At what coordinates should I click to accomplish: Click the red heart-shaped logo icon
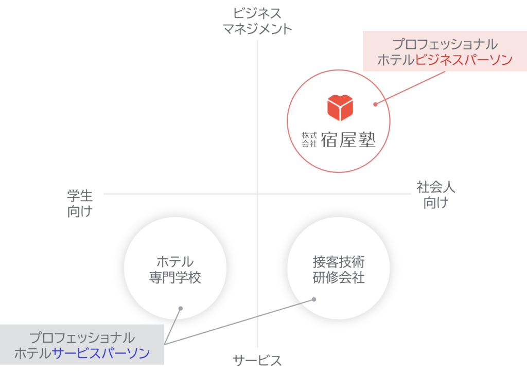pos(341,106)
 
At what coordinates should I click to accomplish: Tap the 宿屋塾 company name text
pos(348,139)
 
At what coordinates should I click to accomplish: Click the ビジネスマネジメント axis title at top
pos(257,21)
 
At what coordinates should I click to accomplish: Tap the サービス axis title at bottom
pos(257,361)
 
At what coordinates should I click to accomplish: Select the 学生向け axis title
pos(80,204)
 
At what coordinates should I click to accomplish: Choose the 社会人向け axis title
pos(436,194)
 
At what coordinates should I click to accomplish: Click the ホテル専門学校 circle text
pos(175,270)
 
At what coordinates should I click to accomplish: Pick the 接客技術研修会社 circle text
pos(339,270)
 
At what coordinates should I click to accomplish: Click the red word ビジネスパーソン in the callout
pos(464,60)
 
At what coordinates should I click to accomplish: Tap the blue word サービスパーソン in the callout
pos(101,353)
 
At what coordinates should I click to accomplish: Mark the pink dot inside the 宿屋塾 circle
pos(375,103)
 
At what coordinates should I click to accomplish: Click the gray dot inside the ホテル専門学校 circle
pos(180,308)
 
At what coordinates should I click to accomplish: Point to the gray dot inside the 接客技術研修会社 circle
pos(314,298)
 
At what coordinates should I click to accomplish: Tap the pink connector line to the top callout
pos(412,87)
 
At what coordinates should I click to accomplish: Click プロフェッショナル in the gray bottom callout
pos(82,338)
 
